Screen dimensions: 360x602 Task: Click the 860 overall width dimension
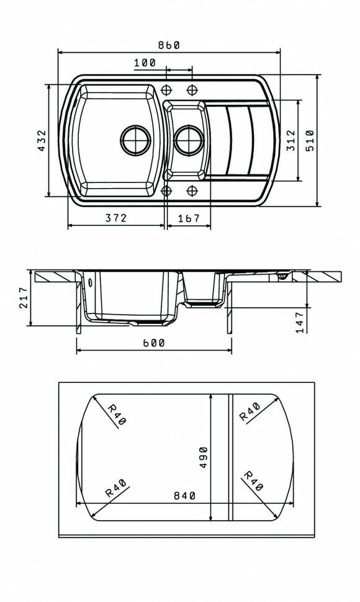click(169, 45)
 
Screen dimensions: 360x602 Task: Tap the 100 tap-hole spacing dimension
click(145, 63)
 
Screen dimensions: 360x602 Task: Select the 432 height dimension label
click(42, 140)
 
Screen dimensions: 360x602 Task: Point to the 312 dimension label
click(291, 140)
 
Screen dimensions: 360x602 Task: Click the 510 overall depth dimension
click(310, 140)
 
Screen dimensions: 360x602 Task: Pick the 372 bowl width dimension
click(116, 218)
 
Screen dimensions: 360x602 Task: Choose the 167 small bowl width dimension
click(189, 218)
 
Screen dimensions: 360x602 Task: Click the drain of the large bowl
click(135, 140)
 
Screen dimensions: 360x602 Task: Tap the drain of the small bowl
click(189, 140)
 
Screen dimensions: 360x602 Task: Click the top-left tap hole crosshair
click(166, 90)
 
